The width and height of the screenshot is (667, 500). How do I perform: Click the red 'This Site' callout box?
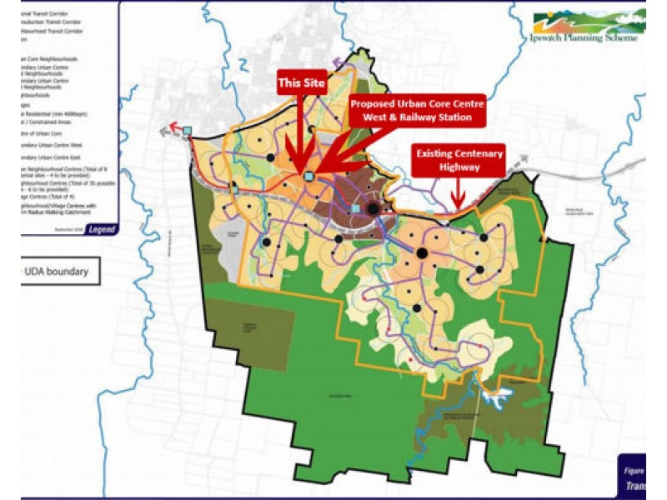(x=302, y=83)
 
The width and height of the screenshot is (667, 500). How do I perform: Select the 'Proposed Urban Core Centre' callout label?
(x=416, y=111)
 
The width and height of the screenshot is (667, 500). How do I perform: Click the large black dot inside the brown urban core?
(x=373, y=209)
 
